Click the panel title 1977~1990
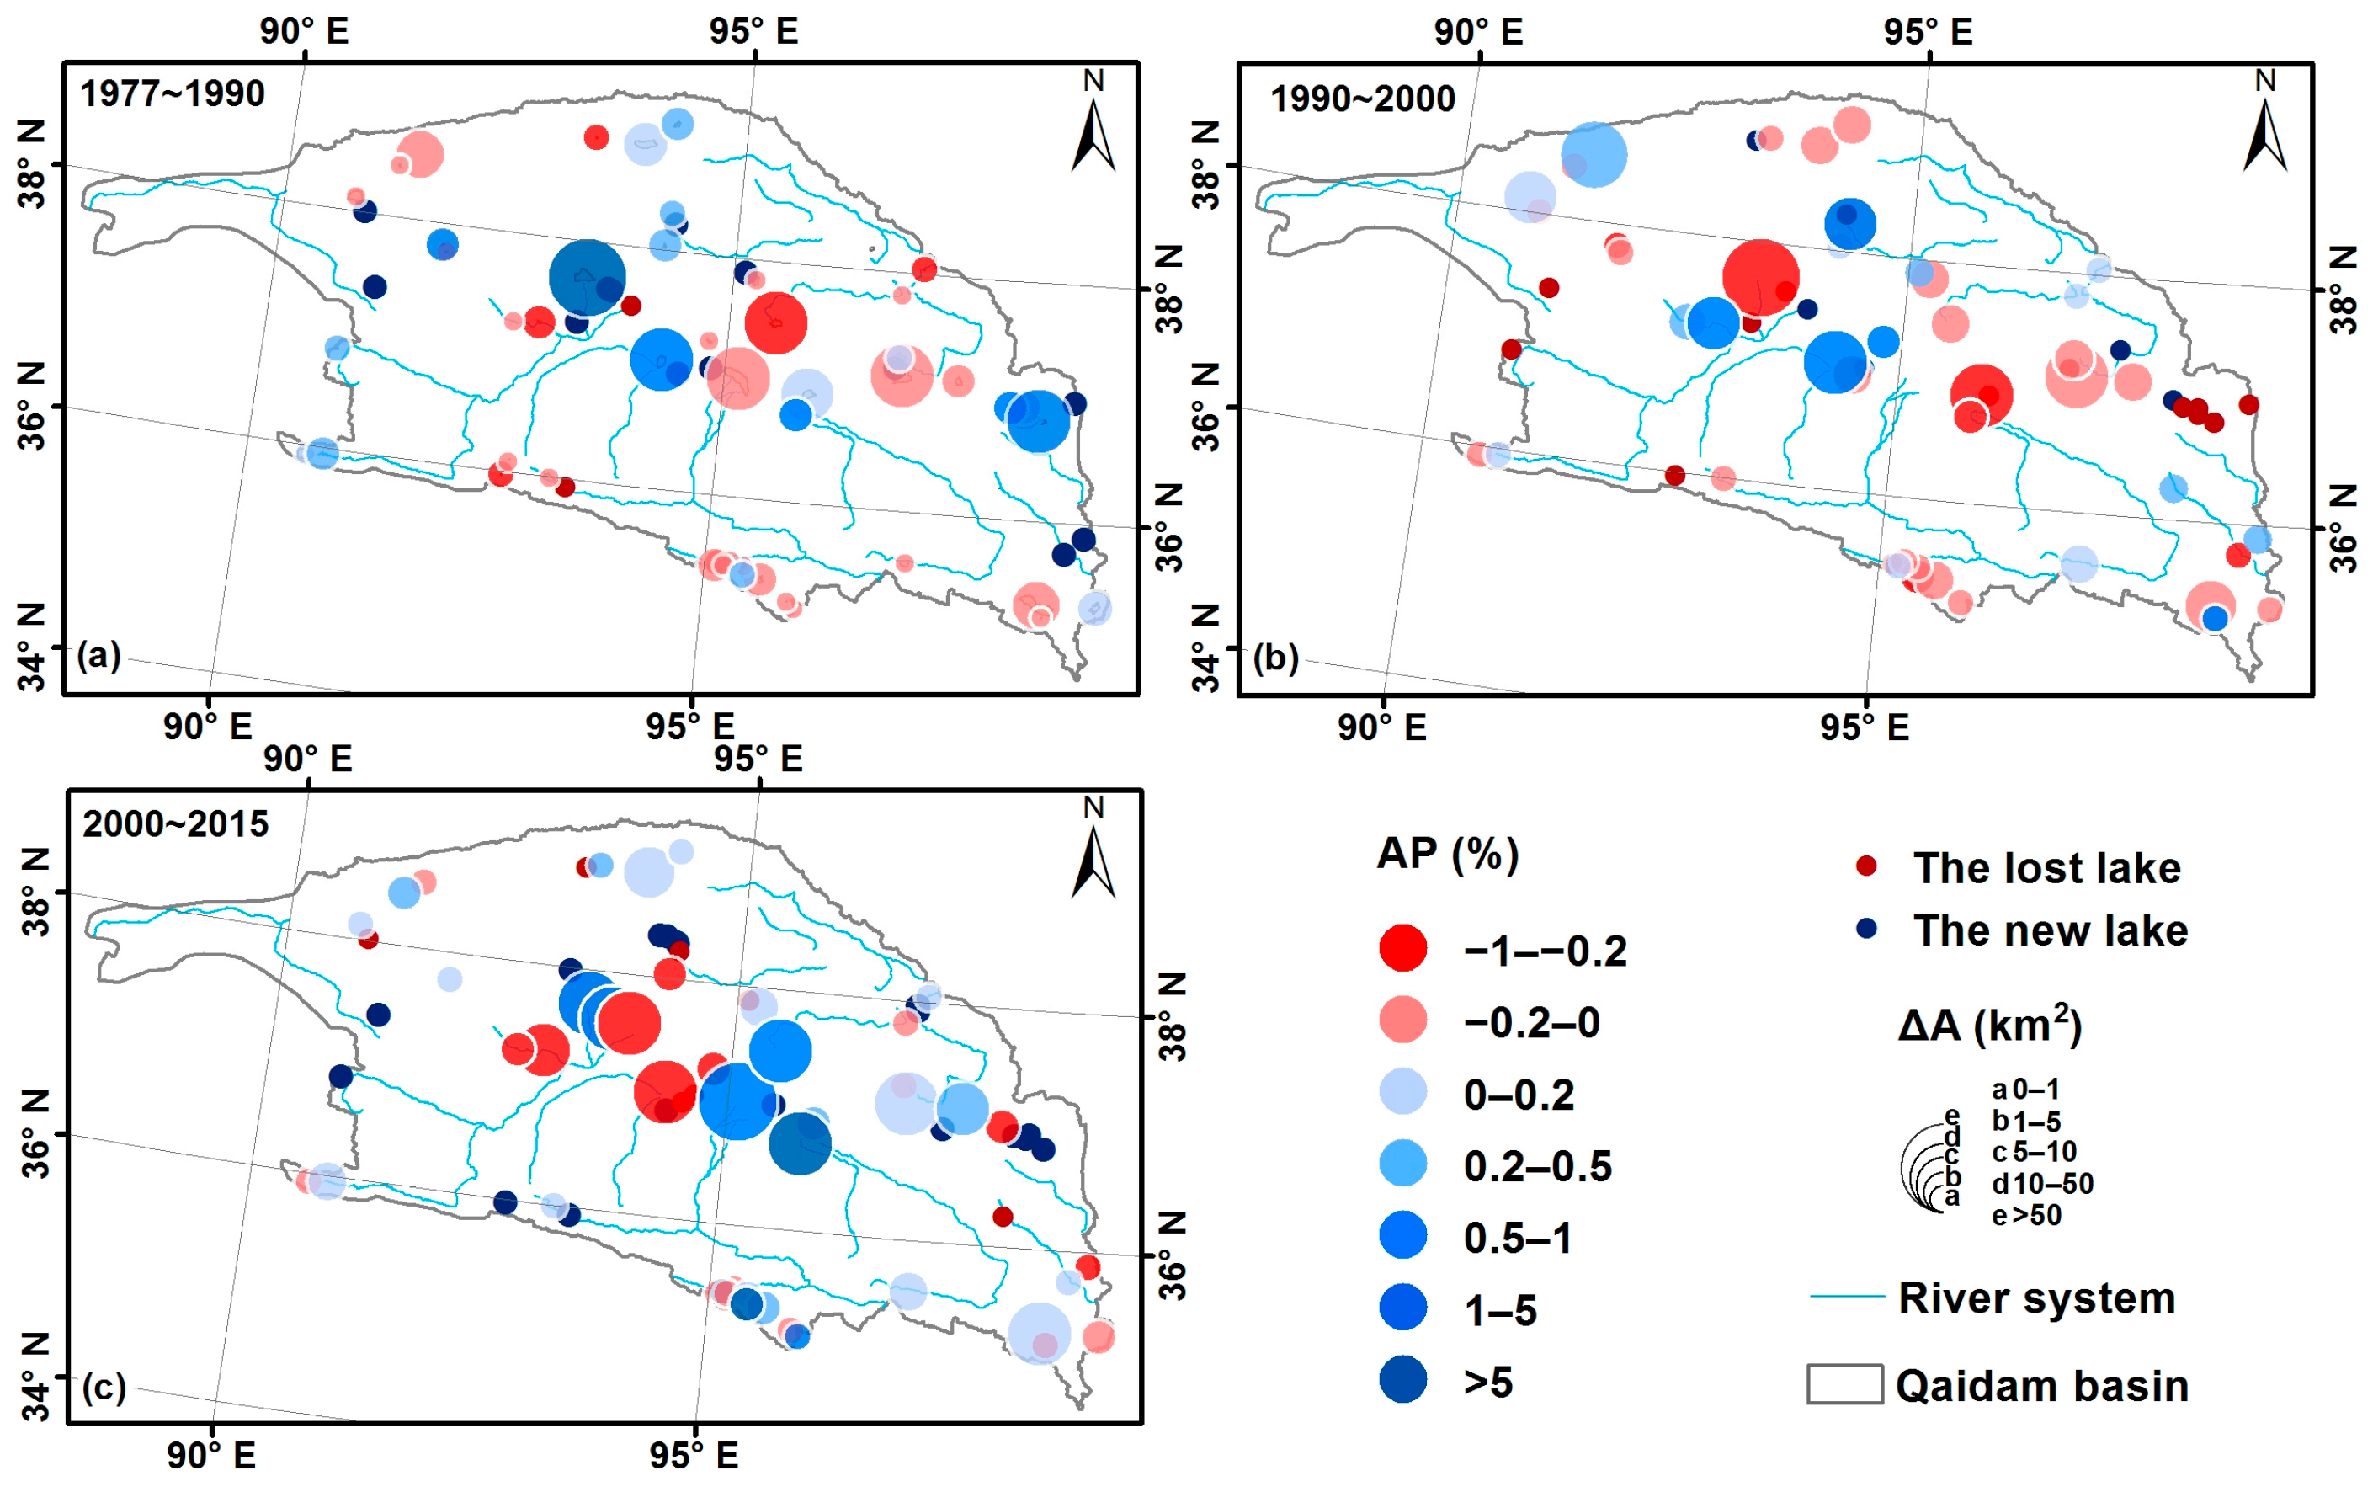pyautogui.click(x=173, y=94)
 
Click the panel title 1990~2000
pyautogui.click(x=1362, y=99)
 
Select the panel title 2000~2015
pyautogui.click(x=175, y=823)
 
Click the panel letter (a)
pyautogui.click(x=98, y=654)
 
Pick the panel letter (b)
pyautogui.click(x=1275, y=658)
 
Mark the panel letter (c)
pyautogui.click(x=104, y=1387)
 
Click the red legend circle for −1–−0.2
pyautogui.click(x=1402, y=948)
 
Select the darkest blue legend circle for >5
pyautogui.click(x=1402, y=1380)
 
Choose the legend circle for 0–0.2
pyautogui.click(x=1402, y=1092)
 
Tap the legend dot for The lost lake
pyautogui.click(x=1865, y=866)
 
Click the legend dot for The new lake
pyautogui.click(x=1865, y=929)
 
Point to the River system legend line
pyautogui.click(x=1846, y=1296)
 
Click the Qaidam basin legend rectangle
pyautogui.click(x=1844, y=1383)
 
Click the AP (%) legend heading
pyautogui.click(x=1447, y=854)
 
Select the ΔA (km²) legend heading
pyautogui.click(x=1990, y=1025)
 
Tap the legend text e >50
pyautogui.click(x=2026, y=1215)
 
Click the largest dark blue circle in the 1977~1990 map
pyautogui.click(x=587, y=278)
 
